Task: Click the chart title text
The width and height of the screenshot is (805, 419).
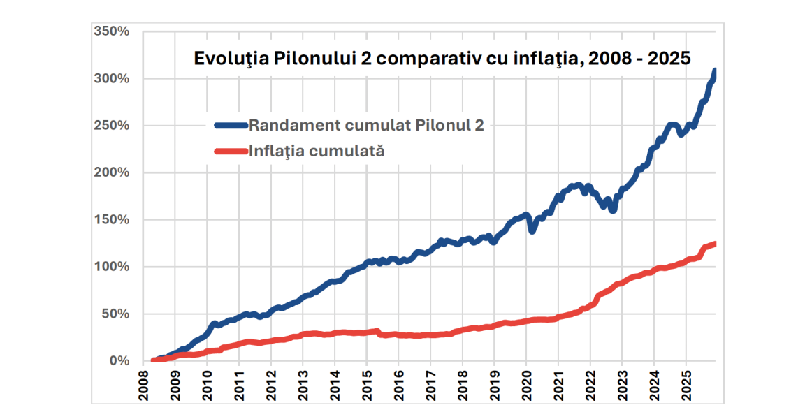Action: (442, 59)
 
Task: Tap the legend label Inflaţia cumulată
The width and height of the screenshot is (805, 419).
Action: (317, 150)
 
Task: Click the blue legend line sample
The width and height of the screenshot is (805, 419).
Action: (231, 126)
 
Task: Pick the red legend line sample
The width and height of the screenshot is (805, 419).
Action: (231, 150)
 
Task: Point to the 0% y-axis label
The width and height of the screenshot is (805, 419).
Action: (119, 361)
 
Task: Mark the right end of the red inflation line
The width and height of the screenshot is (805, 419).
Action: (714, 244)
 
